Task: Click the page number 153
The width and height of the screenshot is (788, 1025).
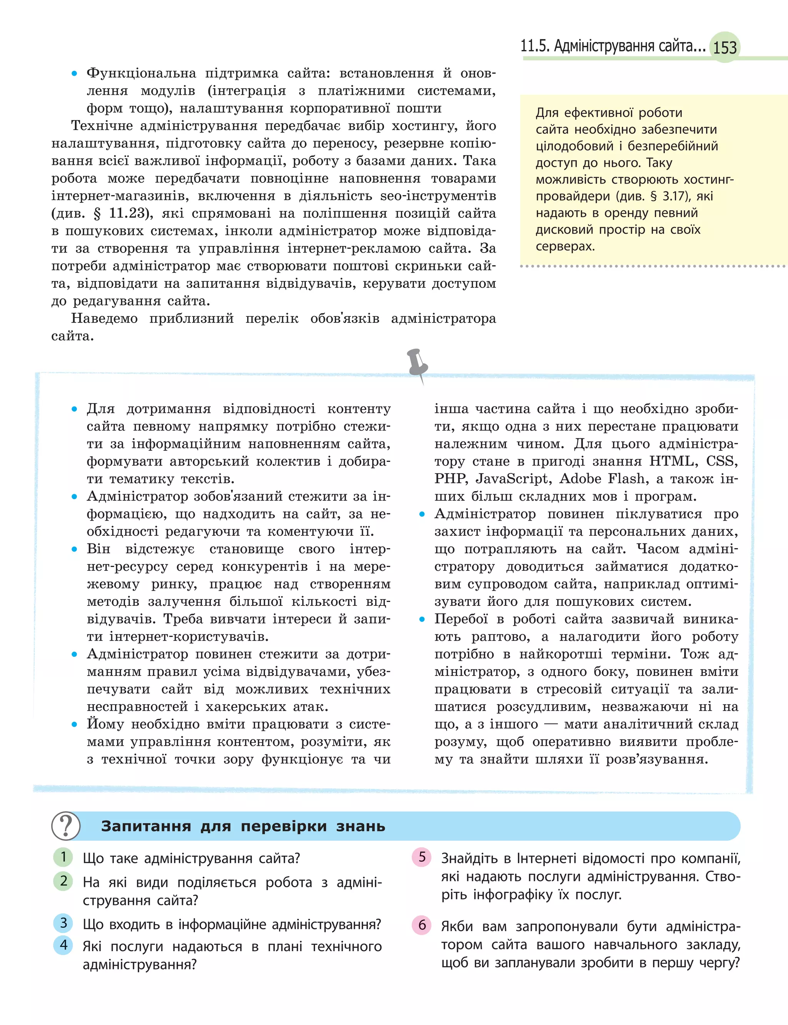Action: tap(725, 47)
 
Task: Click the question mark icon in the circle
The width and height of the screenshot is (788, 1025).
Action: tap(66, 826)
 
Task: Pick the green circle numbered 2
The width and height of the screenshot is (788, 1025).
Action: tap(63, 881)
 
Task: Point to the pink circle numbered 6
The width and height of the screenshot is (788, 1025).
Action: tap(422, 925)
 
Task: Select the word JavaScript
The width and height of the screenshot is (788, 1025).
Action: tap(511, 479)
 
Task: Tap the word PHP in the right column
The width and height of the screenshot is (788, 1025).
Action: tap(449, 479)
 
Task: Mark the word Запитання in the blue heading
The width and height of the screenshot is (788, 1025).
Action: tap(146, 826)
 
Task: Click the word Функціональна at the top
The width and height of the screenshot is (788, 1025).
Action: tap(141, 73)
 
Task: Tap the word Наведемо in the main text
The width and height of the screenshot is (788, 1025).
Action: tap(104, 319)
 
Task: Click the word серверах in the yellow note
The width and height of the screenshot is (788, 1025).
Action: tap(565, 246)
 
